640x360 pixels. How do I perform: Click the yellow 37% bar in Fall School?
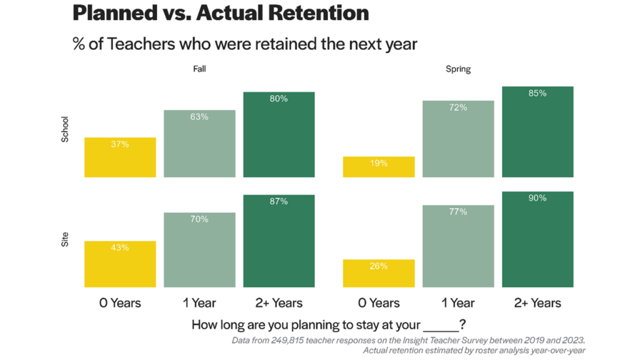(120, 157)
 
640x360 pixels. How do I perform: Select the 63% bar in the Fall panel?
(199, 144)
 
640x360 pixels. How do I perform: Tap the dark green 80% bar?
(279, 134)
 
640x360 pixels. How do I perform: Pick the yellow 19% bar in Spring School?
(379, 167)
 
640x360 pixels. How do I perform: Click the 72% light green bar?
(458, 139)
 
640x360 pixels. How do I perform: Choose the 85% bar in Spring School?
(537, 132)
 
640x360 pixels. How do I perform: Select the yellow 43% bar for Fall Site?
(120, 264)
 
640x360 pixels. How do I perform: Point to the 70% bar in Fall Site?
(199, 250)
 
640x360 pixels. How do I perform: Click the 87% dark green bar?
(279, 241)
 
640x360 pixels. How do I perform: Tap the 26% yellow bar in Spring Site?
(379, 273)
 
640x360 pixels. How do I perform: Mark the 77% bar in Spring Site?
(458, 246)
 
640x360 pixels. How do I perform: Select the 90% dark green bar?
(537, 239)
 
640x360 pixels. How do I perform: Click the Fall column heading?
(199, 69)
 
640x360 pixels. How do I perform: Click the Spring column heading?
(458, 69)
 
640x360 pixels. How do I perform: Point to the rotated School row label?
(65, 129)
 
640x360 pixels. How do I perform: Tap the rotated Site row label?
(65, 239)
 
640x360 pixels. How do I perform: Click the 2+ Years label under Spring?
(537, 303)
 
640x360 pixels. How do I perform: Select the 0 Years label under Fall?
(120, 303)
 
